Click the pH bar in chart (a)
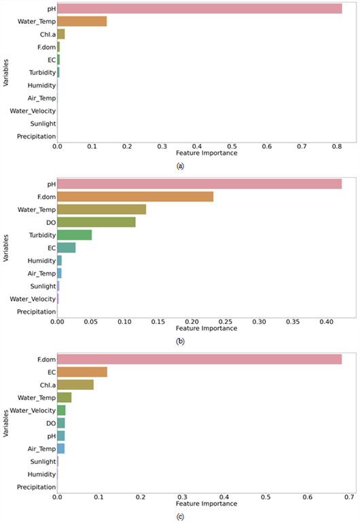(200, 9)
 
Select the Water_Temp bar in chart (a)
(82, 21)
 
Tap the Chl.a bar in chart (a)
(61, 34)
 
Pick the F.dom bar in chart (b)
(135, 197)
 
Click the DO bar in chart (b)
(96, 222)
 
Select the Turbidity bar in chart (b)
(75, 235)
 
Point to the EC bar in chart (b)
(67, 248)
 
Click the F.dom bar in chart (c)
(200, 359)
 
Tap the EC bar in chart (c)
(82, 372)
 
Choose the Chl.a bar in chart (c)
(75, 384)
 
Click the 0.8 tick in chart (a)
(337, 147)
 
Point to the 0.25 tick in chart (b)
(226, 322)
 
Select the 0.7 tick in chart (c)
(349, 497)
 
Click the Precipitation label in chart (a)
(37, 137)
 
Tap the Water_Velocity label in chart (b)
(33, 299)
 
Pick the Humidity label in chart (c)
(41, 474)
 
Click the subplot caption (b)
(180, 341)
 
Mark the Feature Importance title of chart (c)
(206, 504)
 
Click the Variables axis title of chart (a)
(5, 73)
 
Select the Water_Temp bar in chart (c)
(65, 397)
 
